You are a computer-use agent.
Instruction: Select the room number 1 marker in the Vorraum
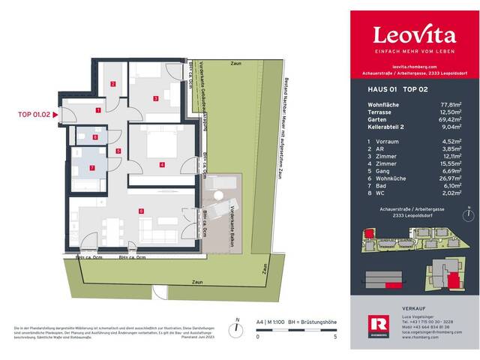[x=98, y=110]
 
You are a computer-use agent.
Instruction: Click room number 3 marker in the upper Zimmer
[x=154, y=98]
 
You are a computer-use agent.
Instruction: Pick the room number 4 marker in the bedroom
[x=161, y=164]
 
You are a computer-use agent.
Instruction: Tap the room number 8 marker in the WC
[x=95, y=137]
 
